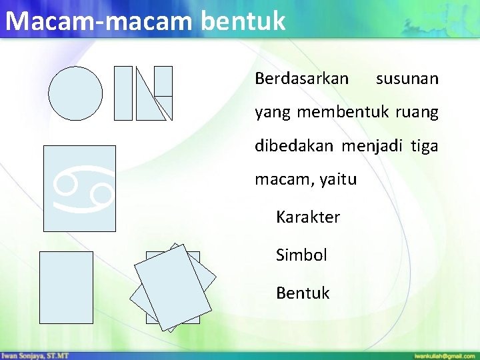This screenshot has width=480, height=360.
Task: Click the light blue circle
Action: (x=76, y=93)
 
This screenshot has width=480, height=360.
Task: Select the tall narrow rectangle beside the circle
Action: (x=123, y=93)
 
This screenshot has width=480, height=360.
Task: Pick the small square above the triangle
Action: (x=163, y=81)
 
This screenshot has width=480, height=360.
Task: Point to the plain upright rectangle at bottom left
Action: (x=66, y=287)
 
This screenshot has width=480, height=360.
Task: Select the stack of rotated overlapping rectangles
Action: (x=173, y=287)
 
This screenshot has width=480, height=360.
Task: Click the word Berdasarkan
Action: (x=301, y=79)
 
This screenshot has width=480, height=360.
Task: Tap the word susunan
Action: (x=407, y=79)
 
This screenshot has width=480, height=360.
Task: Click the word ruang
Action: (x=417, y=112)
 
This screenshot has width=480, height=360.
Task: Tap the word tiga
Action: (x=425, y=146)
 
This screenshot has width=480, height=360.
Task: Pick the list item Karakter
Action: (x=308, y=217)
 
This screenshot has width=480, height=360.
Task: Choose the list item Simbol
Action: (x=301, y=255)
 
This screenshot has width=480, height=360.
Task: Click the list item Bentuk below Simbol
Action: (x=303, y=293)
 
